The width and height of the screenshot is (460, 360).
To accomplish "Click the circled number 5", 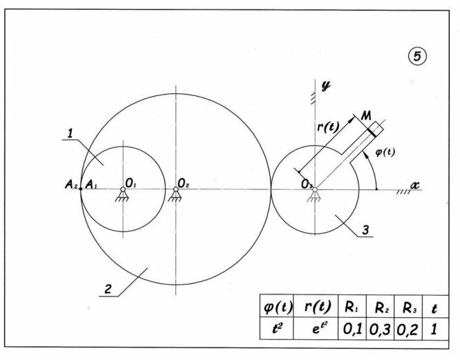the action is click(x=418, y=57).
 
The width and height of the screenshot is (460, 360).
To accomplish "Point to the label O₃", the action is click(x=305, y=183).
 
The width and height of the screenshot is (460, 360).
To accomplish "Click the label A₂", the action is click(x=71, y=184).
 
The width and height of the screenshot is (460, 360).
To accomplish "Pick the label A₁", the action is click(x=90, y=184).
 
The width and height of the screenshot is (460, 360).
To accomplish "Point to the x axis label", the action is click(x=415, y=184).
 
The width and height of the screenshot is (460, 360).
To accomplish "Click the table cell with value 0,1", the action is click(x=352, y=330).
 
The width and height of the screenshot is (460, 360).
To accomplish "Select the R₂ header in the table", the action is click(x=380, y=306).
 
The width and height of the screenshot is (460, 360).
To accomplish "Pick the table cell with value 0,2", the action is click(x=406, y=330).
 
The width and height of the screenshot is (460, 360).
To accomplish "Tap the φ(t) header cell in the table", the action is click(x=273, y=306).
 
